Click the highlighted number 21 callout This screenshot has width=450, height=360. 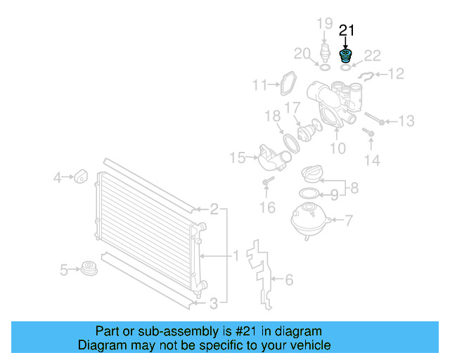tap(347, 30)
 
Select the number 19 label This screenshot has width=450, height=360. tap(323, 25)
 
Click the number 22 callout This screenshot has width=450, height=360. tap(372, 55)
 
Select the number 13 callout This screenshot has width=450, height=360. tap(406, 122)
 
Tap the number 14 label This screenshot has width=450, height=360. tap(371, 160)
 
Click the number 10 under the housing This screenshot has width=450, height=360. tap(338, 148)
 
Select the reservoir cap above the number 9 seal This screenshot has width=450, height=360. tap(313, 174)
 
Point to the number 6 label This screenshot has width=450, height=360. tap(288, 280)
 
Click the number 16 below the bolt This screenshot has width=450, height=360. tap(267, 207)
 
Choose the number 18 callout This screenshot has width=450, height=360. tap(272, 115)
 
